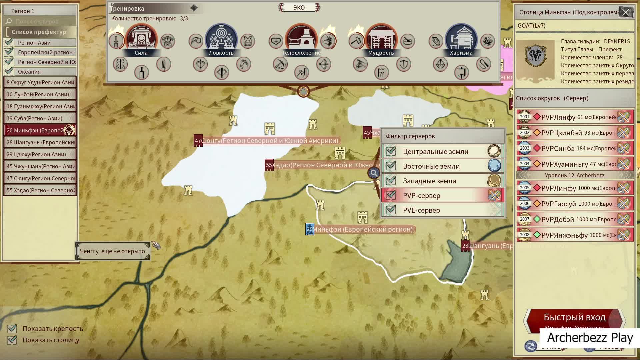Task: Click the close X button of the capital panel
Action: coord(625,13)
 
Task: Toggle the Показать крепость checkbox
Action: coord(12,329)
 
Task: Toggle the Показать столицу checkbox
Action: coord(12,340)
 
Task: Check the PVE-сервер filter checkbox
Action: coord(391,210)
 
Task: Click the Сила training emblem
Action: coord(141,39)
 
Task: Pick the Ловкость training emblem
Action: coord(221,39)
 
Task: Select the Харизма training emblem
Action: coord(461,39)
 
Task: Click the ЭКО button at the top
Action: coord(299,7)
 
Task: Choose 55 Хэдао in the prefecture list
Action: coord(40,190)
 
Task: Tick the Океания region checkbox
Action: coord(9,71)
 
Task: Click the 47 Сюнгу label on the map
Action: coord(267,141)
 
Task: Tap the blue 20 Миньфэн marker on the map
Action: coord(310,229)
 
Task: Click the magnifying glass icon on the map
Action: coord(374,173)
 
